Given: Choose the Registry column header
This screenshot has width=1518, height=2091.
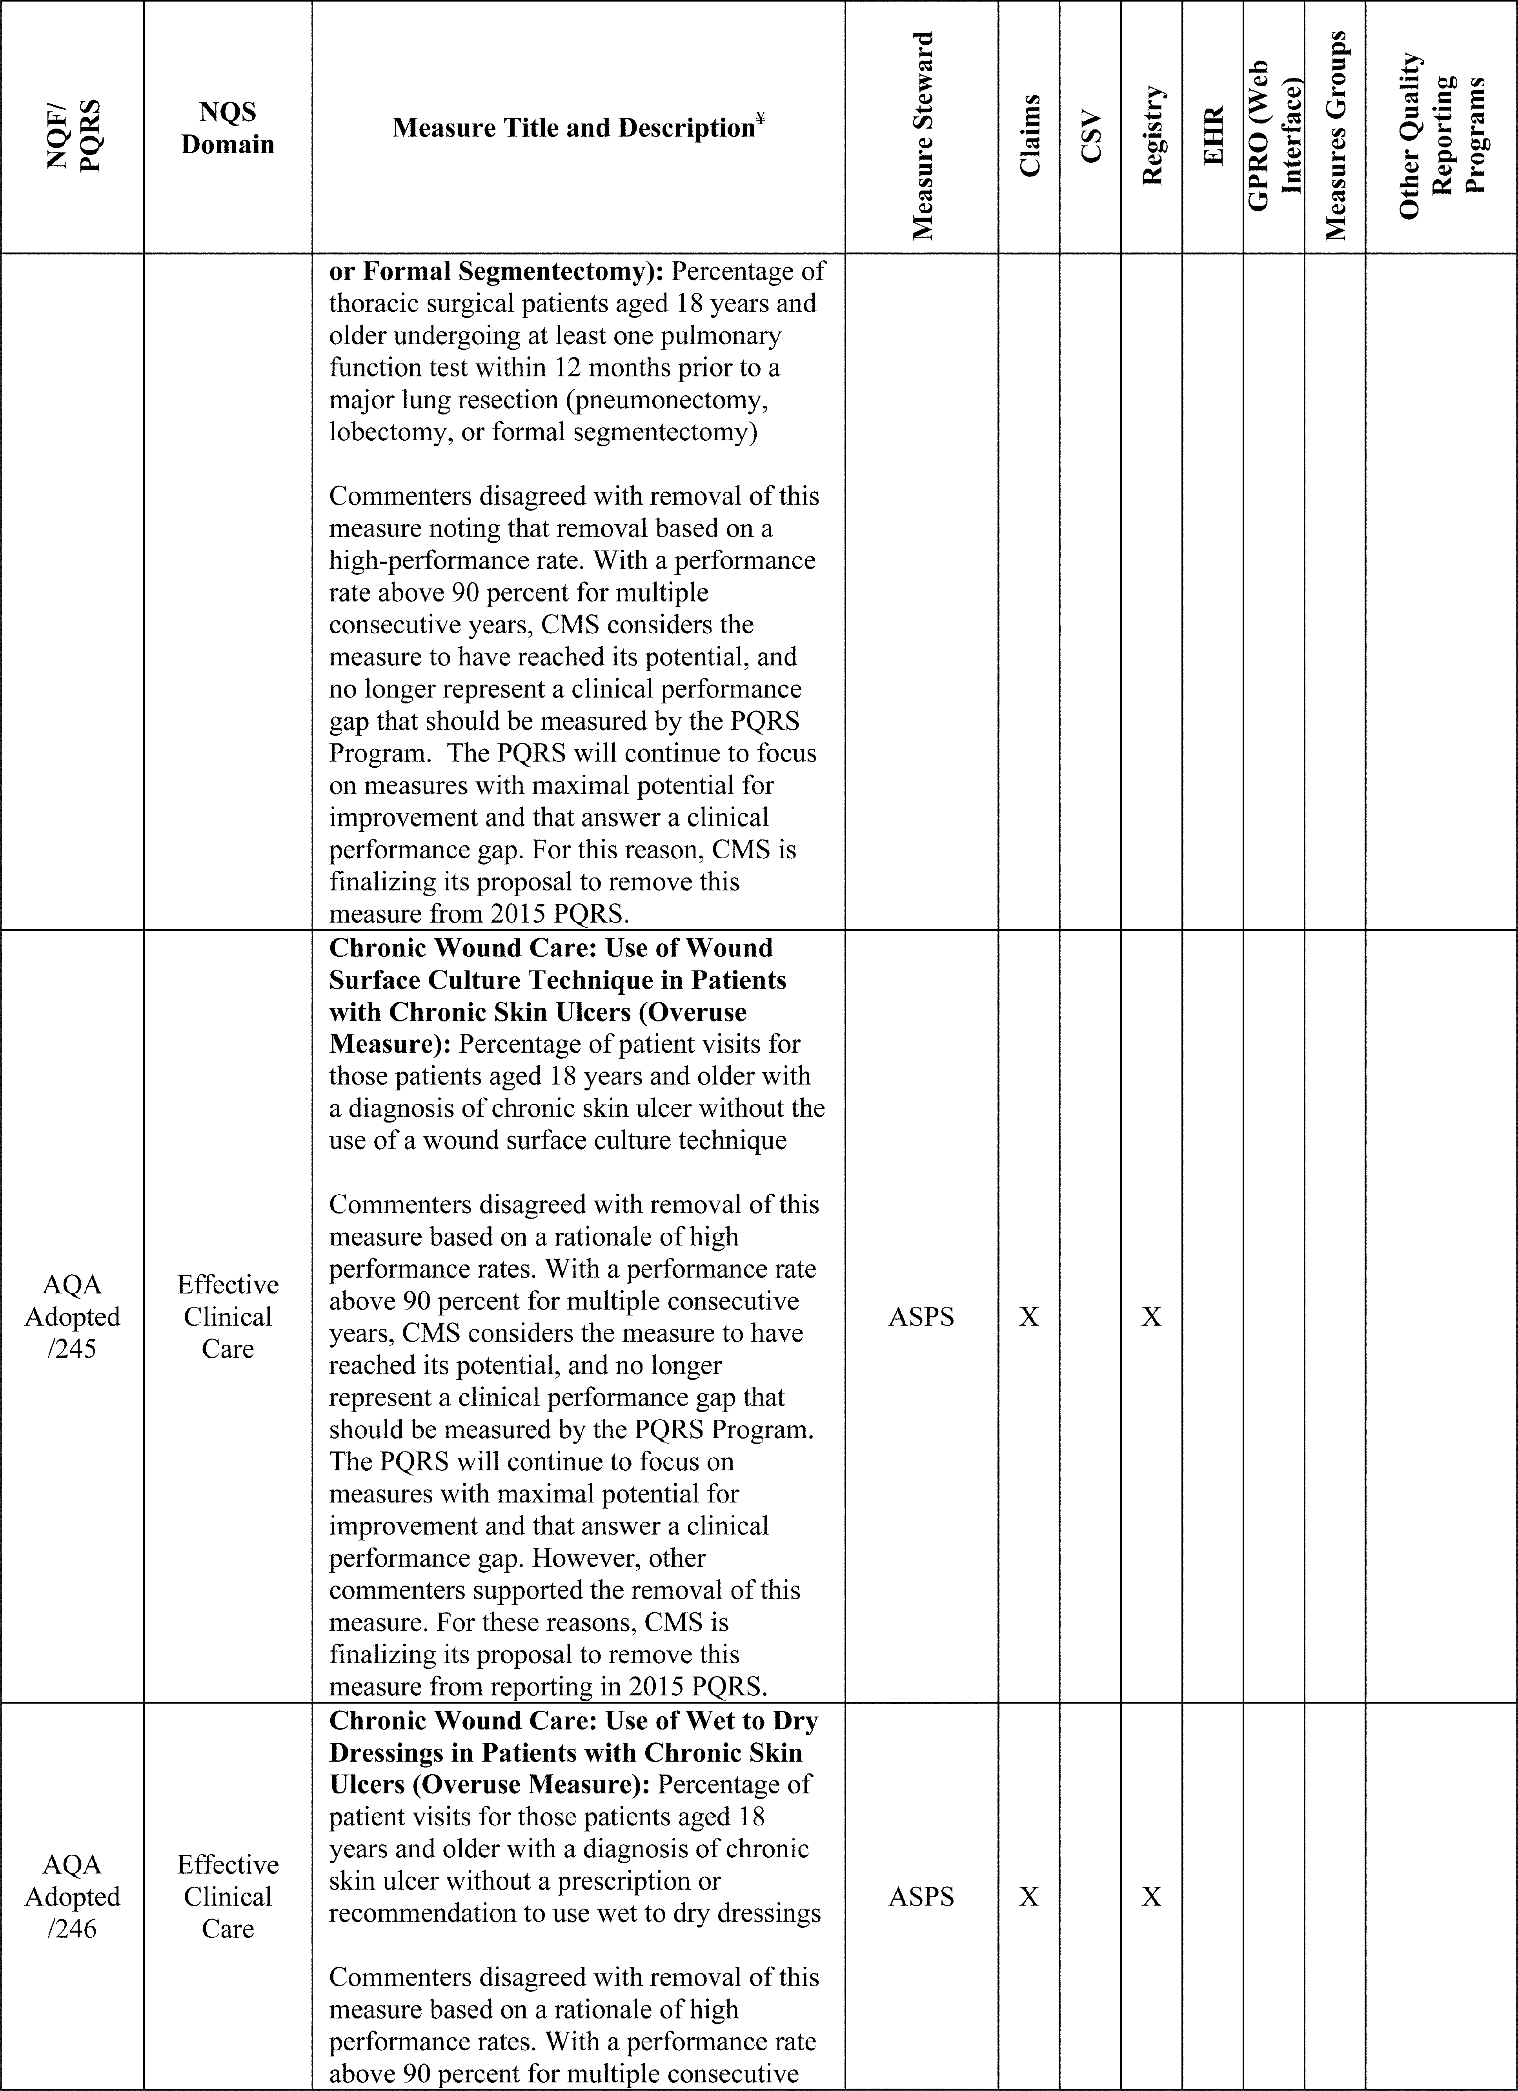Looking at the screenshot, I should point(1152,136).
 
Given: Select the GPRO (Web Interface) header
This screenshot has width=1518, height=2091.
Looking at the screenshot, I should point(1274,127).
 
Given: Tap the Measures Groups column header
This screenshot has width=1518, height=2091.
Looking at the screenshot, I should point(1335,136).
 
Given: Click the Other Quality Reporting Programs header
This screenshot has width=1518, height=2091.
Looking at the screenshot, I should point(1442,136).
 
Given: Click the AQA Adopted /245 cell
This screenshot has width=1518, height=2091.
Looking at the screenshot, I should point(72,1317).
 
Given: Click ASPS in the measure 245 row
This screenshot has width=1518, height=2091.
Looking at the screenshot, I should point(921,1317).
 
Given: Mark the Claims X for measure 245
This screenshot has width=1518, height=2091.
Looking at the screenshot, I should point(1029,1317).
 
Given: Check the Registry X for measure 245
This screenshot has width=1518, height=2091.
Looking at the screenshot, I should point(1152,1317).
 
